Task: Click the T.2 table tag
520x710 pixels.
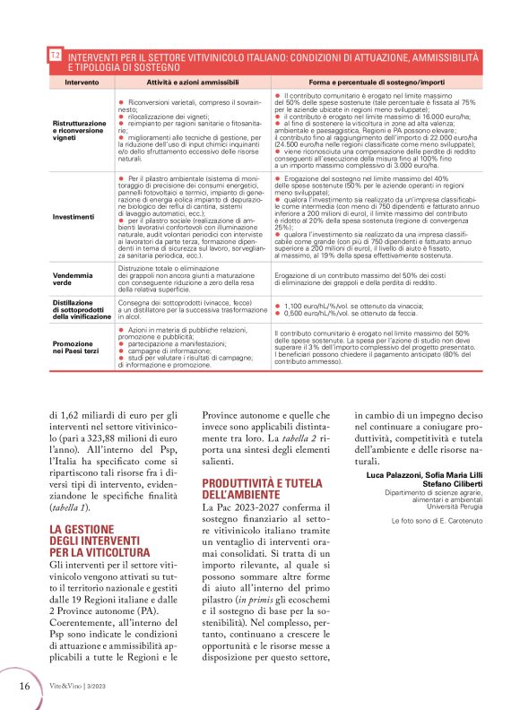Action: click(x=55, y=56)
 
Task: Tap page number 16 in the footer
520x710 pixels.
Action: click(x=26, y=685)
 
